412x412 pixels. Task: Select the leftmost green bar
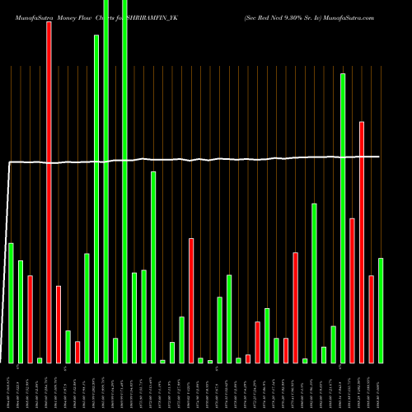pos(11,302)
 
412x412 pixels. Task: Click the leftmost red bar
pos(30,319)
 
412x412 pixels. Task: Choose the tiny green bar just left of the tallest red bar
pos(40,360)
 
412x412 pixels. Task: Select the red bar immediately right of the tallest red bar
pos(59,324)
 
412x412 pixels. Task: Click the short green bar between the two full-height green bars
pos(115,350)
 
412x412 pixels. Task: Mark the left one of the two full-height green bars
pos(105,181)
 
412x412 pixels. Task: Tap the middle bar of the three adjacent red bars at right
pos(362,242)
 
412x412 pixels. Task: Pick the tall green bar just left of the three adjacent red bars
pos(343,218)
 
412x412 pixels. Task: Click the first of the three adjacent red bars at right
pos(352,290)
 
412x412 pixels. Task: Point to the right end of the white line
pos(379,157)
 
